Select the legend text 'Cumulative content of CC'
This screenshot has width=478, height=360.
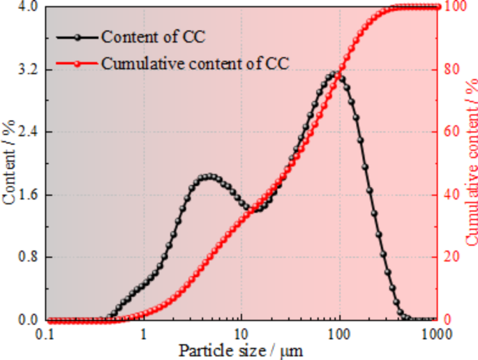point(195,63)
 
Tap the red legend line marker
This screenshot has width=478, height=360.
point(80,63)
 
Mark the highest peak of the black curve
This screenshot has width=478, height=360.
point(336,73)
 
